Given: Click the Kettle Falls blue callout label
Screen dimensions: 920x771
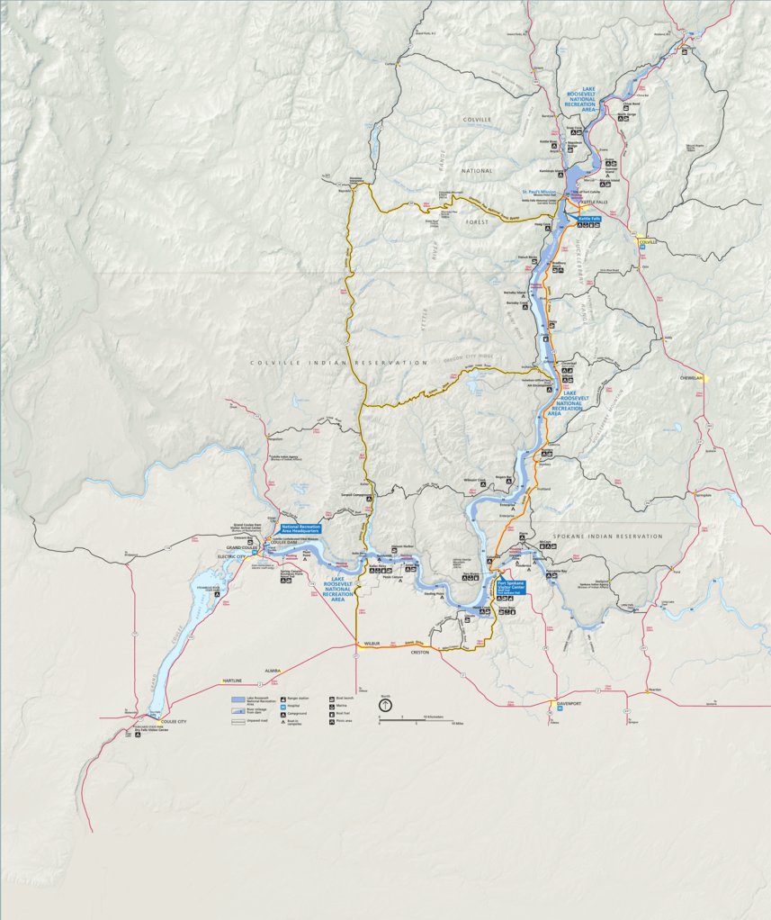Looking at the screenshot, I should coord(589,219).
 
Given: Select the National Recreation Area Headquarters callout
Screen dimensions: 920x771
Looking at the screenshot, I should coord(301,528).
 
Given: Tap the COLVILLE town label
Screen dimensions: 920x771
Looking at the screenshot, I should coord(648,242).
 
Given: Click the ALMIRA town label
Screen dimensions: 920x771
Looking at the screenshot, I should coord(273,671).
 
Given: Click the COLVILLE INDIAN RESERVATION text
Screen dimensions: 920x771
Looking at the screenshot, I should coord(338,363).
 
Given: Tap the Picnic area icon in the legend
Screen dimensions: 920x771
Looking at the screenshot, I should coord(332,720).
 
